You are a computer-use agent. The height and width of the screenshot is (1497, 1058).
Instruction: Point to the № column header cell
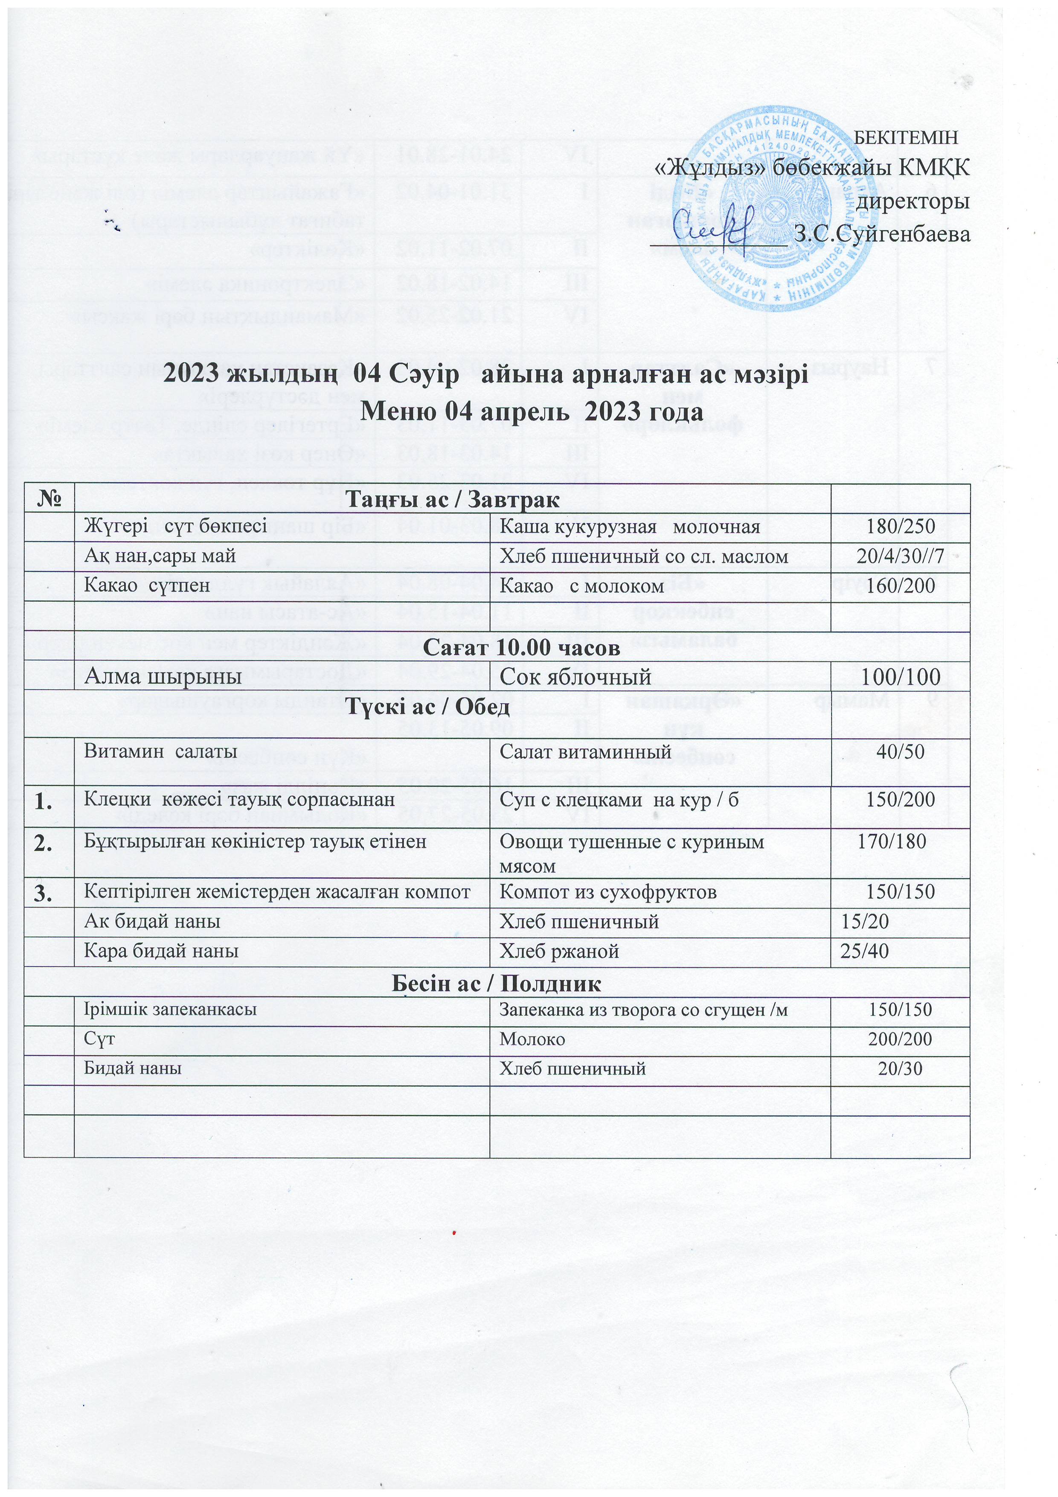[x=49, y=499]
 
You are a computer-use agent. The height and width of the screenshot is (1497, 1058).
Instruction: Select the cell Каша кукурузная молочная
[x=629, y=527]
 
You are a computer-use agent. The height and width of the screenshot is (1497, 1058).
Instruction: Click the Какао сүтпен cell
[x=147, y=585]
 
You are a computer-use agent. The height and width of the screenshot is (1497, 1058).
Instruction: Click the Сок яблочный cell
[x=575, y=677]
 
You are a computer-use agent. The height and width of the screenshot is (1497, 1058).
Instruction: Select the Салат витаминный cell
[x=585, y=752]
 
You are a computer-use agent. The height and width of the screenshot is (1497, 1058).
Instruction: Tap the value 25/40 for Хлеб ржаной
[x=864, y=951]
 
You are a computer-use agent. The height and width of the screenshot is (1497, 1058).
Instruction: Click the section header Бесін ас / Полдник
[x=496, y=983]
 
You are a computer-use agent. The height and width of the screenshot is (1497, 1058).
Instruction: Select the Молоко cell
[x=532, y=1039]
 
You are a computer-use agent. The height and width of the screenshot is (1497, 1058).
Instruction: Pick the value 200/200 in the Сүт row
[x=900, y=1039]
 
